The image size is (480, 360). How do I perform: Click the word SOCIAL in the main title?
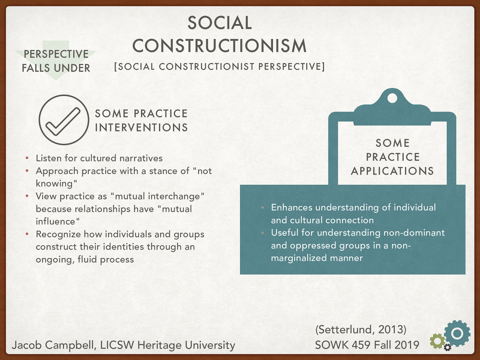[x=220, y=23]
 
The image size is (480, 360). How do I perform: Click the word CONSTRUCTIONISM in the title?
[x=220, y=46]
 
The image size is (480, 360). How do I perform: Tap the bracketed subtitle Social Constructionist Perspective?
[x=219, y=67]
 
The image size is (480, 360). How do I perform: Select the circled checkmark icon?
[x=64, y=120]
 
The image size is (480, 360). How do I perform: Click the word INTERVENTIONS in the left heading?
[x=141, y=128]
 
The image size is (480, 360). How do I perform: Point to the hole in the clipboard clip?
[x=392, y=98]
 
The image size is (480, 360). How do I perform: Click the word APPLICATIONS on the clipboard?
[x=392, y=171]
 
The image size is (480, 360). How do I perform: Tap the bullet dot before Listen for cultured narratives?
[x=27, y=158]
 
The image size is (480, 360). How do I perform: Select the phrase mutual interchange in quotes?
[x=157, y=196]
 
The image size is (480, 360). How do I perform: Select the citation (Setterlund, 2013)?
[x=361, y=329]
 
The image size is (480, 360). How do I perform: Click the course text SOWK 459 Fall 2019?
[x=367, y=345]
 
